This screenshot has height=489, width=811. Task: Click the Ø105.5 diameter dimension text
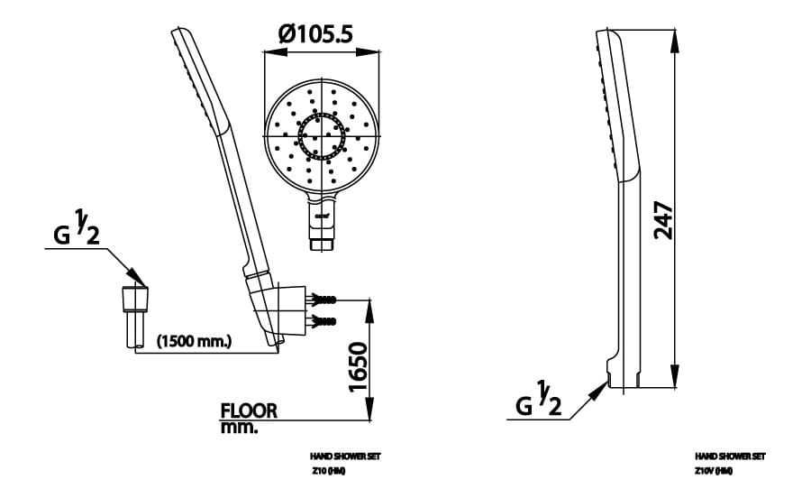pyautogui.click(x=314, y=34)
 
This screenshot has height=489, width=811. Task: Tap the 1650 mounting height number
pyautogui.click(x=358, y=366)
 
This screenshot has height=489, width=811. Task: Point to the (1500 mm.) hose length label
pyautogui.click(x=196, y=342)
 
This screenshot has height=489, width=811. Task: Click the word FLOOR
pyautogui.click(x=249, y=411)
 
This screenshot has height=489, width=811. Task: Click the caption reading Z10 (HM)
pyautogui.click(x=329, y=471)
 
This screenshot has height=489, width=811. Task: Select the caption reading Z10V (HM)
pyautogui.click(x=713, y=471)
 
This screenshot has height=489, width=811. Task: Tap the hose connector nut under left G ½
pyautogui.click(x=135, y=298)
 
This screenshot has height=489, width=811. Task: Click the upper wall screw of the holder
pyautogui.click(x=323, y=299)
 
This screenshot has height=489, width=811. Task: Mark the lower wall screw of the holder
pyautogui.click(x=323, y=321)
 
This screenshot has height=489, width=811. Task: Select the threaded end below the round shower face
pyautogui.click(x=322, y=242)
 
